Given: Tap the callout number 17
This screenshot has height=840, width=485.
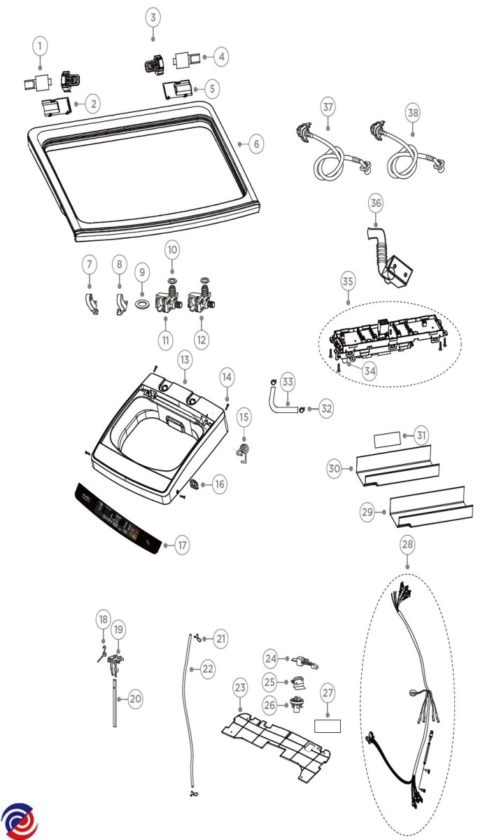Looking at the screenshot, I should click(x=182, y=545).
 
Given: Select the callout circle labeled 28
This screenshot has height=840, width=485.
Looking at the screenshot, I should click(x=407, y=544).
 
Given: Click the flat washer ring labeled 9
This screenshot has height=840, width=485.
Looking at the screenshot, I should click(x=141, y=303).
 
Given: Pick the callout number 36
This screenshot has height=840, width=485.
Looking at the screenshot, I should click(x=376, y=202).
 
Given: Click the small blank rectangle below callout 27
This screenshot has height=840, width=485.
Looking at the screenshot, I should click(x=328, y=726).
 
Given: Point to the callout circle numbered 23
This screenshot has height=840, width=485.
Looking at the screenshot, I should click(x=239, y=689).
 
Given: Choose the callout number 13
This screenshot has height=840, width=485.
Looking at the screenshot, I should click(x=184, y=360).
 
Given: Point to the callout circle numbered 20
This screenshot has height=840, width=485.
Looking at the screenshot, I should click(x=136, y=698).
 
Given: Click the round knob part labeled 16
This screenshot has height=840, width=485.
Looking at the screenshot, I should click(x=195, y=484).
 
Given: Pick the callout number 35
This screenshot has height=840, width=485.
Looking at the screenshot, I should click(x=348, y=282).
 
